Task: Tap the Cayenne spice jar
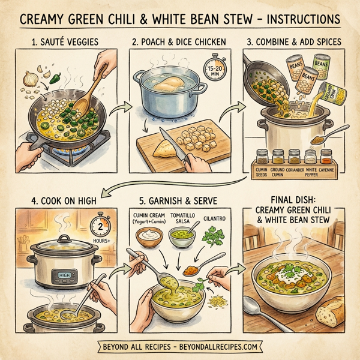click(x=326, y=158)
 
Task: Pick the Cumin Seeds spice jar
click(x=262, y=158)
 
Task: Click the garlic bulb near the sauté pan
click(x=29, y=77)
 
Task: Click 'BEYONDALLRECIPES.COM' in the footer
click(x=221, y=347)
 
